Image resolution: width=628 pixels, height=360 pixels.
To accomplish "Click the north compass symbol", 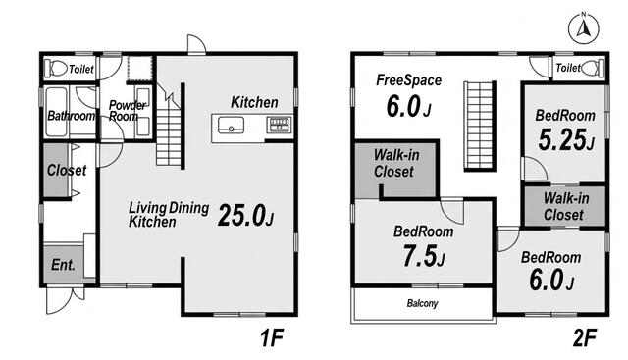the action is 584,28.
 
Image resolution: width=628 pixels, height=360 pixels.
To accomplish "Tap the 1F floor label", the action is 272,337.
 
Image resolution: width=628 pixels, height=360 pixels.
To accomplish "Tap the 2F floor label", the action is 585,337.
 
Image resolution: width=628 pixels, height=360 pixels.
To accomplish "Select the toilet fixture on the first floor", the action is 56,68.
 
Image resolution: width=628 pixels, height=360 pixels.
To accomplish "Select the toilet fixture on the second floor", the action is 593,68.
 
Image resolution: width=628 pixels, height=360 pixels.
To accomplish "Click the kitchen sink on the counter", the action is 231,125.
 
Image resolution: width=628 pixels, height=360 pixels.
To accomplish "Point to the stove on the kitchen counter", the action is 279,125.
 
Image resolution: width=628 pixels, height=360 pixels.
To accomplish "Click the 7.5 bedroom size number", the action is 424,256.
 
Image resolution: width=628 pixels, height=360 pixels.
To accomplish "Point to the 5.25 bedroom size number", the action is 565,139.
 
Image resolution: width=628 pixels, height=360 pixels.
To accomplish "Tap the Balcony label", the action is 422,303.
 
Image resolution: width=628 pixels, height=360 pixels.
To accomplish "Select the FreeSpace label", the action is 408,80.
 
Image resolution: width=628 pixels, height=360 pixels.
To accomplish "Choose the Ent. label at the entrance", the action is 63,265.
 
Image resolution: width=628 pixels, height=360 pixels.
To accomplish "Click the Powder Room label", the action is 127,111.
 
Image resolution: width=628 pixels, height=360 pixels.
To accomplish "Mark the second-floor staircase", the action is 480,127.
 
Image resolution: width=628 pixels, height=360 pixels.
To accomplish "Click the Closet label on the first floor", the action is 67,170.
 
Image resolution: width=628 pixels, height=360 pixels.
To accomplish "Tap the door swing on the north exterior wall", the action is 196,44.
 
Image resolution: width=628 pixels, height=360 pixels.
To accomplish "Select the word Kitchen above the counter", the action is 254,102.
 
